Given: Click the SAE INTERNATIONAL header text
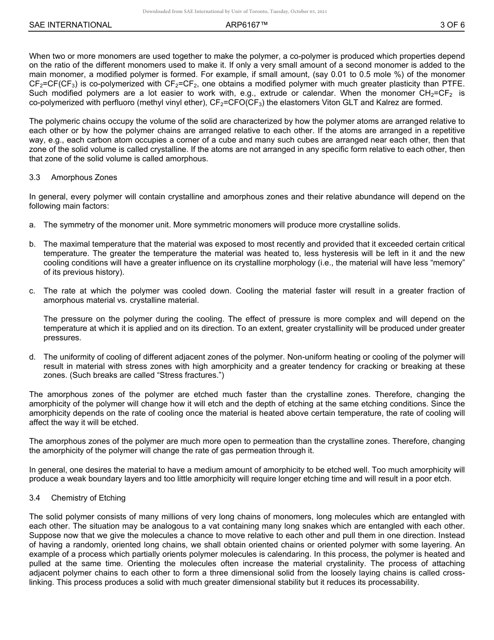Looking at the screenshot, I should (x=70, y=25).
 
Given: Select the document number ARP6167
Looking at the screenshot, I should (x=246, y=25).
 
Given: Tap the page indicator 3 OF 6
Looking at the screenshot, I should (x=452, y=25).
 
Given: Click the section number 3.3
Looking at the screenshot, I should (x=35, y=177).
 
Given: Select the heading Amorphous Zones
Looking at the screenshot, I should (x=84, y=177).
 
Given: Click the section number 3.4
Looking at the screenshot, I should (x=35, y=498).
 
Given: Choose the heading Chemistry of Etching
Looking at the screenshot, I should (x=88, y=498).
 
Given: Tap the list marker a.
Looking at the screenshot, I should (x=32, y=225).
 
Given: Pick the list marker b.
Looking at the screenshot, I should (x=32, y=244).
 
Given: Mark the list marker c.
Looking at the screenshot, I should (x=32, y=291).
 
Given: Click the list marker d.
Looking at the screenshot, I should (x=32, y=357).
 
